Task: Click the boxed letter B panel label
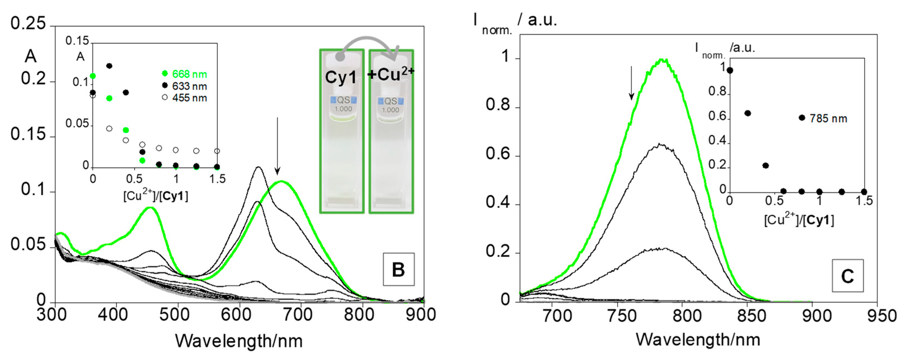[399, 269]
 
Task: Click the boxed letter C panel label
[847, 276]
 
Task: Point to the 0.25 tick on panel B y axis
[28, 24]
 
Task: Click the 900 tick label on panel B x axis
[421, 315]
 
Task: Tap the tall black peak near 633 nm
[259, 167]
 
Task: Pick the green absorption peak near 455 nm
[151, 208]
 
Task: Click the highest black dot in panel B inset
[109, 66]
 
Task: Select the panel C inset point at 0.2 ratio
[748, 113]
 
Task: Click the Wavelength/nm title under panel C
[698, 340]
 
